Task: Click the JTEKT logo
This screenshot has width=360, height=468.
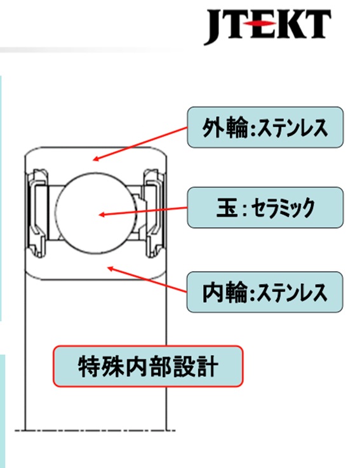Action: coord(267,26)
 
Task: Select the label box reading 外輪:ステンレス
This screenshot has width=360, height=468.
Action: coord(265,127)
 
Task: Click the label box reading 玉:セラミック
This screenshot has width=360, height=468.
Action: coord(265,208)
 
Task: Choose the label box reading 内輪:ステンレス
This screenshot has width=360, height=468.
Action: coord(265,292)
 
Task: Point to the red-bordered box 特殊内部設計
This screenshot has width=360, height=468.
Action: coord(148,366)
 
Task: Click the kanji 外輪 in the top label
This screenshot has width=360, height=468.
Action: coord(225,128)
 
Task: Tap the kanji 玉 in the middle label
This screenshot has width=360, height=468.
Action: coord(227,208)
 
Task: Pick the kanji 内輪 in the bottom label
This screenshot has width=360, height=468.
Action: coord(225,293)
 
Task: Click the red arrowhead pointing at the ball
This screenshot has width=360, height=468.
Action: coord(102,215)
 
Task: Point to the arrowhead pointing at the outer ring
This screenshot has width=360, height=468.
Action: coord(96,159)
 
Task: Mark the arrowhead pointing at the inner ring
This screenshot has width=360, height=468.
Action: coord(110,269)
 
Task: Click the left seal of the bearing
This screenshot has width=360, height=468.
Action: coord(37,213)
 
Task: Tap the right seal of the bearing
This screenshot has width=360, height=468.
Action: coord(154,213)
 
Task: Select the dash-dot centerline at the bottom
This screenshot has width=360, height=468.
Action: coord(95,431)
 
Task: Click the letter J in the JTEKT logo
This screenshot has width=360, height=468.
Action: coord(215,27)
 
